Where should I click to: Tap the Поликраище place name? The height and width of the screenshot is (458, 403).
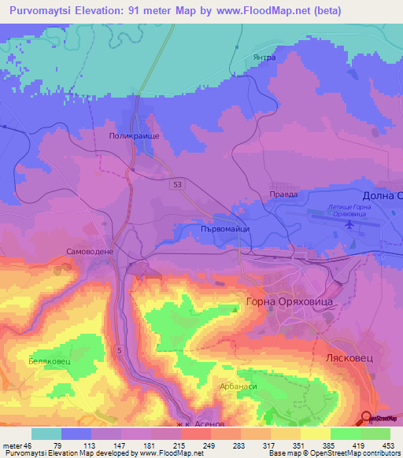(x=133, y=136)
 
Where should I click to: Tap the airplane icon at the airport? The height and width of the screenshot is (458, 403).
(x=349, y=225)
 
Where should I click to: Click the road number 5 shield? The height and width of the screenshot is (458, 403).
(x=120, y=349)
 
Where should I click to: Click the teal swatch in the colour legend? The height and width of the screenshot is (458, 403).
(x=46, y=434)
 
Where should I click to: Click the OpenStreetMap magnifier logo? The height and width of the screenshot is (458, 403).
(x=367, y=418)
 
